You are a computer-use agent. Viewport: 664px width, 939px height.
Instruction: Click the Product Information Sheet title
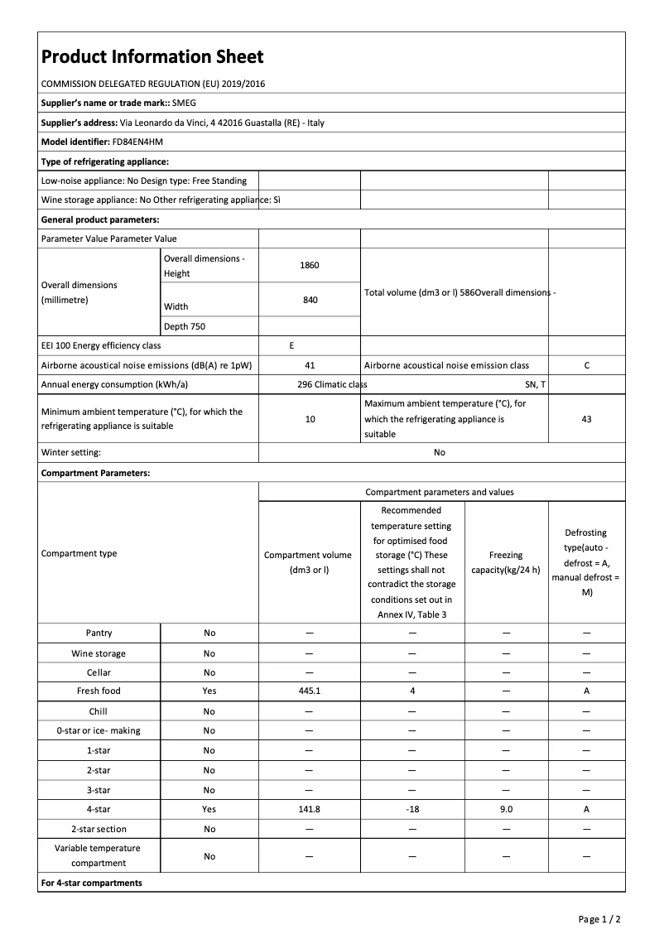[152, 56]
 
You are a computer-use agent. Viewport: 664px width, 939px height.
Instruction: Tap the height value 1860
[310, 265]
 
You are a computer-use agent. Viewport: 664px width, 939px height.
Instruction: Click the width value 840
[310, 300]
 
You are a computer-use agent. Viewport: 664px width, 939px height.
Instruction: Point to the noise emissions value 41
[310, 365]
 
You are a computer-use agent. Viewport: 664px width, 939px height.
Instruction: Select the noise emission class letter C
[586, 365]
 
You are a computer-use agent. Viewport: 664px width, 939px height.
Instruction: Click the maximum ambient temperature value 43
[586, 419]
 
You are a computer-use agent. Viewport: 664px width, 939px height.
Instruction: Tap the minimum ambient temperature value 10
[310, 419]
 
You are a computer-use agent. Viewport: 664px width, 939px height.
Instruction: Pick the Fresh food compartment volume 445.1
[310, 691]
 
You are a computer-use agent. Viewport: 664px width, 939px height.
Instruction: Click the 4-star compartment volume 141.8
[310, 809]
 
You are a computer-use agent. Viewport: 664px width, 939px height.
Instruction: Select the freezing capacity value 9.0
[506, 809]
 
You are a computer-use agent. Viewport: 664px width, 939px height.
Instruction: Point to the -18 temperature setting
[412, 809]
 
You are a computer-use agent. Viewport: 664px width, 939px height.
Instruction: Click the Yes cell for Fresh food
[209, 691]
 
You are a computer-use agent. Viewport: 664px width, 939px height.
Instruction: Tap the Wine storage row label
[99, 653]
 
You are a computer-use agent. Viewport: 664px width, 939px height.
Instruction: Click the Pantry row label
[99, 633]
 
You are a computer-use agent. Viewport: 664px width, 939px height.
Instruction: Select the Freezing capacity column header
[506, 562]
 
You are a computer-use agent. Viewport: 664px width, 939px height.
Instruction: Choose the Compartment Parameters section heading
[96, 473]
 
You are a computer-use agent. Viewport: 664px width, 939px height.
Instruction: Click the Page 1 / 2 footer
[599, 919]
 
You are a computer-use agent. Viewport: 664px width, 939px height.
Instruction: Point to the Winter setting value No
[439, 452]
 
